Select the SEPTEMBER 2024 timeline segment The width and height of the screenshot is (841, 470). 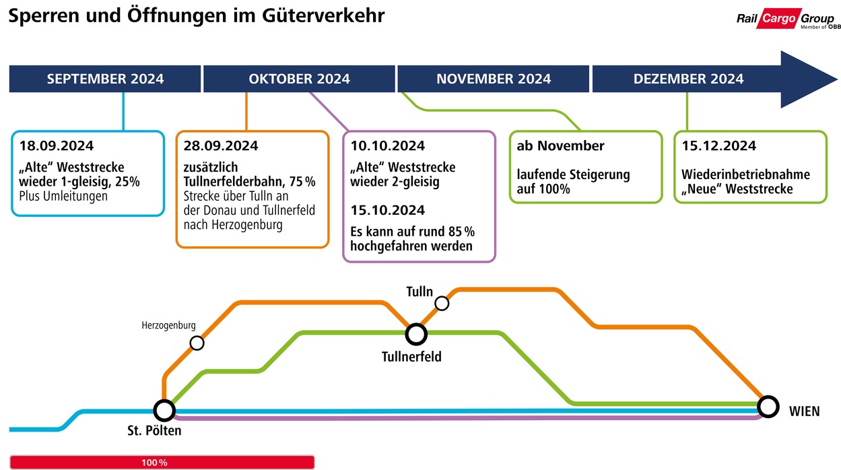click(x=105, y=79)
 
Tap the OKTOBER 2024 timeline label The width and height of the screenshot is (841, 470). click(x=299, y=79)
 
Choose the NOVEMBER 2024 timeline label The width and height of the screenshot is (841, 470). click(x=494, y=79)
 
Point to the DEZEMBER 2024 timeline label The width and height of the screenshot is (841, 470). click(x=688, y=79)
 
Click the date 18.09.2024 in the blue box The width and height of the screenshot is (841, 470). click(x=57, y=145)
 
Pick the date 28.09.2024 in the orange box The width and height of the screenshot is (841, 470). click(x=221, y=145)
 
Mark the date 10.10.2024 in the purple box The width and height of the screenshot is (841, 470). click(x=388, y=145)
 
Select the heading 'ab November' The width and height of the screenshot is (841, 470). click(x=560, y=145)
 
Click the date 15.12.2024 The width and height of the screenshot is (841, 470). click(x=718, y=145)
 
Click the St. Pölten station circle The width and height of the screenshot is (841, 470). click(x=164, y=409)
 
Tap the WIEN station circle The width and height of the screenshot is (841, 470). click(x=767, y=406)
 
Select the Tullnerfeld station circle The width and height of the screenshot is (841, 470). click(x=416, y=333)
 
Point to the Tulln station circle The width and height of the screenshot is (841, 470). click(x=442, y=304)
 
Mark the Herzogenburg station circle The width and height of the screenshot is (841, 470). click(x=197, y=343)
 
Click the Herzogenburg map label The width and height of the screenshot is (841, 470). click(x=168, y=325)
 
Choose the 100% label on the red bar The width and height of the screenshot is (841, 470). click(x=154, y=463)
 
